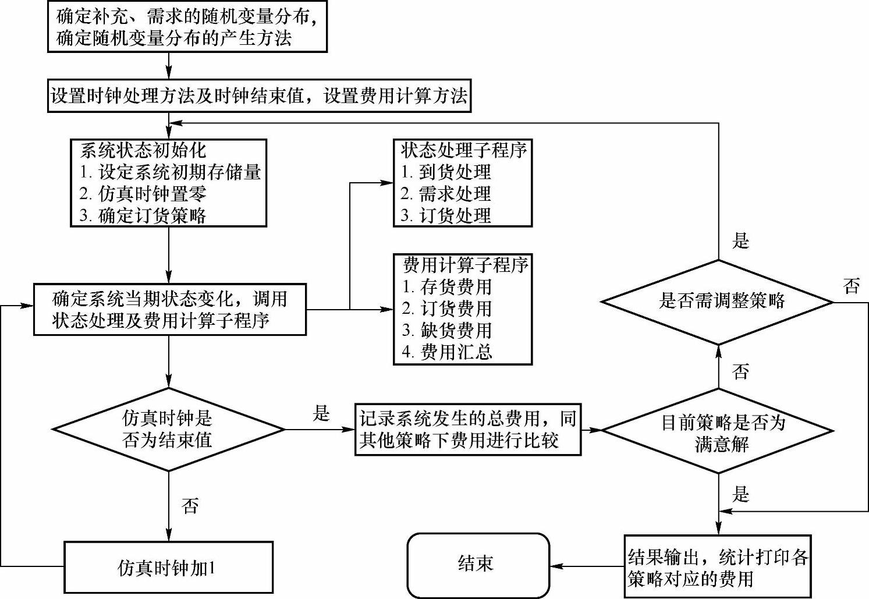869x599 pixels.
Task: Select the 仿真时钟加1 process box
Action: pyautogui.click(x=168, y=567)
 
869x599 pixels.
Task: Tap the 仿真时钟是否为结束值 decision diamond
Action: pyautogui.click(x=168, y=429)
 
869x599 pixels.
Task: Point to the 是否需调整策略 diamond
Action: pyautogui.click(x=718, y=302)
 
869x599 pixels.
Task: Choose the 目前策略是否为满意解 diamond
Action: pyautogui.click(x=718, y=431)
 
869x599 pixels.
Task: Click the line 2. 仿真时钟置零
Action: pyautogui.click(x=143, y=194)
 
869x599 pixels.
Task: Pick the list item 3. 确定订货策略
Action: pyautogui.click(x=143, y=215)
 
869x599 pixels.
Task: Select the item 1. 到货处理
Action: pyautogui.click(x=446, y=172)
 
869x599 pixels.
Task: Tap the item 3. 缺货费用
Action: pyautogui.click(x=448, y=330)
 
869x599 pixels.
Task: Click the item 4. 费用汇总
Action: pyautogui.click(x=448, y=352)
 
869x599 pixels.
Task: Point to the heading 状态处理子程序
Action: pyautogui.click(x=464, y=150)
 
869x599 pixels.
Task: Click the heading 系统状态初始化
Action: pyautogui.click(x=143, y=150)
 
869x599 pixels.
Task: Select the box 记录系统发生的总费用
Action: pyautogui.click(x=468, y=429)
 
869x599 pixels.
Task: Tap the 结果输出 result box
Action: pyautogui.click(x=718, y=567)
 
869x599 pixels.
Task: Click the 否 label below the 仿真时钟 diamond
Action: pyautogui.click(x=190, y=505)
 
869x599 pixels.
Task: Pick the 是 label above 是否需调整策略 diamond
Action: pyautogui.click(x=740, y=240)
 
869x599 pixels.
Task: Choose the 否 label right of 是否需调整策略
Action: pyautogui.click(x=851, y=286)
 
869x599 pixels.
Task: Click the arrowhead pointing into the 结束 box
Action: pyautogui.click(x=555, y=566)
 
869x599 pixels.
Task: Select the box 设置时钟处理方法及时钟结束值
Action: pyautogui.click(x=259, y=95)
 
